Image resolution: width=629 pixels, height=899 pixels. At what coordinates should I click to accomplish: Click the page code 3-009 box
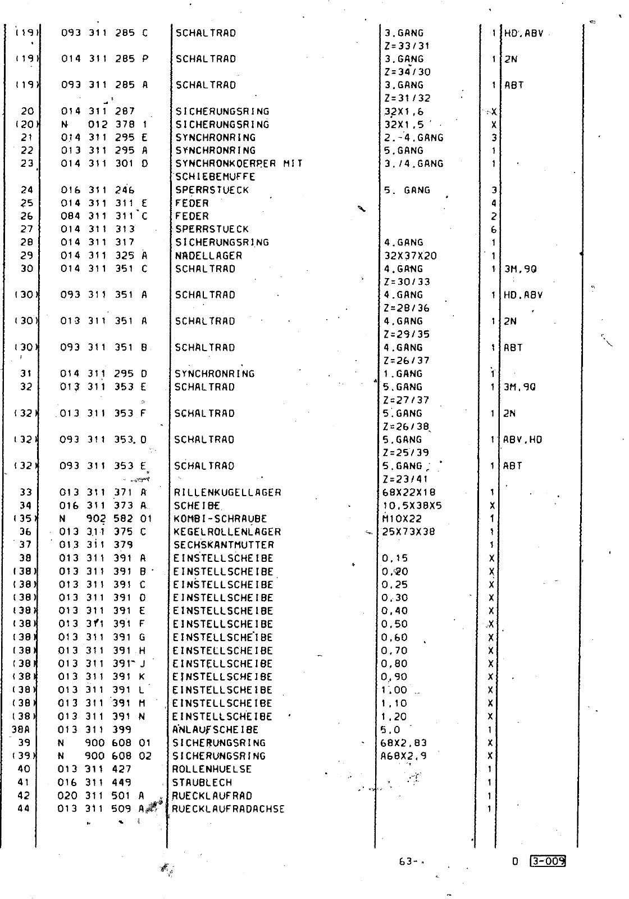(x=547, y=861)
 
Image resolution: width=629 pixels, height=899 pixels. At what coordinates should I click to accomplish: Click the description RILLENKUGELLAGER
(x=227, y=492)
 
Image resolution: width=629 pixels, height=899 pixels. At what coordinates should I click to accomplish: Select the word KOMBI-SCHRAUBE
(x=220, y=519)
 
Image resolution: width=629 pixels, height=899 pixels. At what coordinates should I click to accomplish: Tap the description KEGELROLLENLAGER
(x=227, y=532)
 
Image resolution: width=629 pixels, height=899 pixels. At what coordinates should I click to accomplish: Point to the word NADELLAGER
(x=208, y=256)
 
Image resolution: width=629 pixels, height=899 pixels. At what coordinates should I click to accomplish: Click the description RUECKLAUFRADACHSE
(x=228, y=809)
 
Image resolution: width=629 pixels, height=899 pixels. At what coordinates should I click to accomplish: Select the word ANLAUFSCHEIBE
(x=215, y=729)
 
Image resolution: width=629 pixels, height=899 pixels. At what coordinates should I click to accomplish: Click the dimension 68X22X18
(x=408, y=492)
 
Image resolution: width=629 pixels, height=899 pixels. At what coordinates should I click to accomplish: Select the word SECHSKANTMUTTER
(x=224, y=544)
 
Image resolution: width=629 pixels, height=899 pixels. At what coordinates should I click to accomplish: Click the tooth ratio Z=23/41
(x=405, y=479)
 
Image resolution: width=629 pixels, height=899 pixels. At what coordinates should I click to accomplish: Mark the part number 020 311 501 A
(x=101, y=796)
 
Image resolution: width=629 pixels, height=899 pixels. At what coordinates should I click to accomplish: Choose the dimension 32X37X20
(x=410, y=256)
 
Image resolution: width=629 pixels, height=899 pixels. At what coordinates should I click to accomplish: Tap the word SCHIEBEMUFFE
(x=215, y=177)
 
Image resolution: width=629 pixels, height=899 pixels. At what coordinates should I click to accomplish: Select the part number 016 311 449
(x=94, y=782)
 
